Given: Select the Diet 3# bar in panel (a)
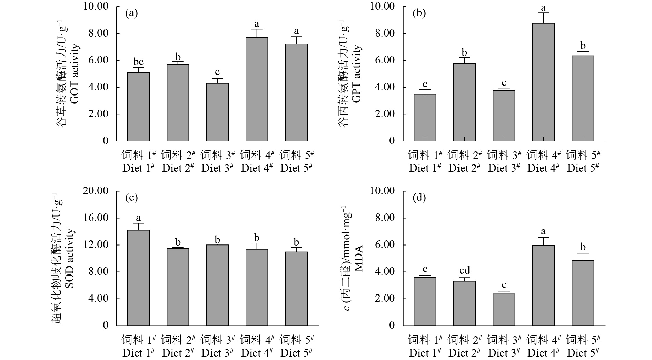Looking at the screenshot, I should [217, 112].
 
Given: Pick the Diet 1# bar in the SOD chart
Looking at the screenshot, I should [138, 278].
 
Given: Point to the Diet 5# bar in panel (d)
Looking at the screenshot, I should [583, 293].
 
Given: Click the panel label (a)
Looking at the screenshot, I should [131, 13].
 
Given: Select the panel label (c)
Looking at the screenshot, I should [131, 198].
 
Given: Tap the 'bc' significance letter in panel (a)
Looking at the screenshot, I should [138, 62].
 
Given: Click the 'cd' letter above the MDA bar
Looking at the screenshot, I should [464, 271].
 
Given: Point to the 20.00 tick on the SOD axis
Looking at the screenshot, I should [96, 191].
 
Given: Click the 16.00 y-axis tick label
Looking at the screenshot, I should [96, 218].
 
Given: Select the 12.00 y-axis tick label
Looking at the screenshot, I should [96, 245].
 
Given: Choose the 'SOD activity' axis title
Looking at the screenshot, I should [70, 259].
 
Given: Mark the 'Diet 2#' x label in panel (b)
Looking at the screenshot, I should [464, 168].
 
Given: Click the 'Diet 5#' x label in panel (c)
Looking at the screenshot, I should [296, 353].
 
